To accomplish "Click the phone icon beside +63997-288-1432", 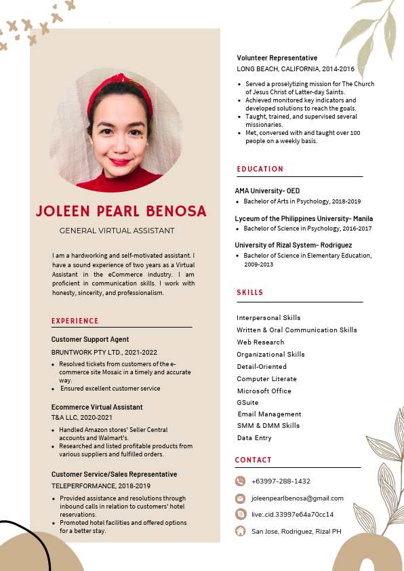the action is tap(240, 481).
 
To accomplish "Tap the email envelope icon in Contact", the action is tap(240, 498).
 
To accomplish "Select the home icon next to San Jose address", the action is tap(240, 531).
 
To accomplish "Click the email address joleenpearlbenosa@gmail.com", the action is tap(297, 498).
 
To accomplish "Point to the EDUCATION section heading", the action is tap(260, 169).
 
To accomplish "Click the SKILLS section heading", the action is tap(250, 293).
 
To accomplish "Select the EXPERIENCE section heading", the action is tap(75, 321).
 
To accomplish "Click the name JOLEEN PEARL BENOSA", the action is tap(121, 211).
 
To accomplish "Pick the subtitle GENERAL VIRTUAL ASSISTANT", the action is tap(117, 231).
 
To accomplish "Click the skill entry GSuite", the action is tap(247, 403).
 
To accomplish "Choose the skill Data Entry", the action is tap(254, 438).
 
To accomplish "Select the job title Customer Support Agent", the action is tap(90, 339).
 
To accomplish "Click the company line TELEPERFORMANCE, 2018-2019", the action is tap(100, 486).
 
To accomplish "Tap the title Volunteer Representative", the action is tap(277, 58).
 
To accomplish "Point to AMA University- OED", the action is tap(267, 191).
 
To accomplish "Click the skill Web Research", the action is tap(260, 342).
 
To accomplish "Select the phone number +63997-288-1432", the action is tap(281, 481).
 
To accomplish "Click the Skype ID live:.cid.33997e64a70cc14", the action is tap(292, 514).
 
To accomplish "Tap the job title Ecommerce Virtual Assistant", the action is tap(97, 407).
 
